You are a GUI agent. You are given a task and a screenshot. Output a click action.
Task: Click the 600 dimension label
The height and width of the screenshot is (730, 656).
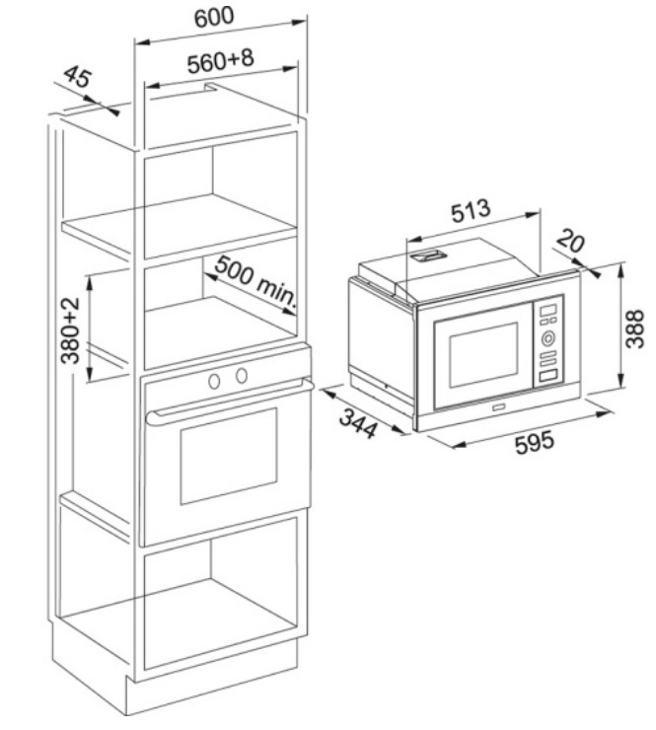coord(214,17)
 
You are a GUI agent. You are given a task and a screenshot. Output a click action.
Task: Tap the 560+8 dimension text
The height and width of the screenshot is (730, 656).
coord(221,60)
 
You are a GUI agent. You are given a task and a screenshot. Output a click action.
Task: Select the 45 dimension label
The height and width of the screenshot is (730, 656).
coord(78,77)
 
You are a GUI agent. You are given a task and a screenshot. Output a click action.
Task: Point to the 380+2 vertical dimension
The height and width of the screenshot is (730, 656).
coord(70,330)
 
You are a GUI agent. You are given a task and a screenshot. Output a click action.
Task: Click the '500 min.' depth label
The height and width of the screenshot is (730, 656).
coord(255,283)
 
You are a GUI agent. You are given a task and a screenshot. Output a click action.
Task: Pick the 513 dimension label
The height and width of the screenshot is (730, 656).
coord(471,212)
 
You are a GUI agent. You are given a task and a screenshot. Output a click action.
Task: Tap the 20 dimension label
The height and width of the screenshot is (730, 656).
coord(570,241)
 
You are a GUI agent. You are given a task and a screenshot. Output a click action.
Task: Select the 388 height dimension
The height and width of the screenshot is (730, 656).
coord(634,328)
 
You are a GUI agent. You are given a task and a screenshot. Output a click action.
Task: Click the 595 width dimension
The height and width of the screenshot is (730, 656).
coord(535,442)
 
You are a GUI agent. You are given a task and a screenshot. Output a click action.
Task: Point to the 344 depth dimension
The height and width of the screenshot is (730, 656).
coord(357,423)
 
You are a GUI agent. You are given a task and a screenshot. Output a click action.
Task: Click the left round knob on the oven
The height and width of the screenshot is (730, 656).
coord(214,382)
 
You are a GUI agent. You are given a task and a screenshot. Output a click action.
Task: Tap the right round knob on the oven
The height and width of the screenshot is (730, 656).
coord(241,375)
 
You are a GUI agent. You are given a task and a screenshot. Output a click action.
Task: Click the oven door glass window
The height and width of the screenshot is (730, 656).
coord(229,456)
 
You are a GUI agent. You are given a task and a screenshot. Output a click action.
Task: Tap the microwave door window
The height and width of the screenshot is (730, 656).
coord(483,355)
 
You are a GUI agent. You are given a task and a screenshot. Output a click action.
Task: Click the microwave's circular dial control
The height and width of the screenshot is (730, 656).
coord(548,338)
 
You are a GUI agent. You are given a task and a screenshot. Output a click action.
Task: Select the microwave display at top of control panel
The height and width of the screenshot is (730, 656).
coord(548,310)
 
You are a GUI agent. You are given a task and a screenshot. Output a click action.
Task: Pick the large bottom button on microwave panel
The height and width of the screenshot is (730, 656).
coord(548,376)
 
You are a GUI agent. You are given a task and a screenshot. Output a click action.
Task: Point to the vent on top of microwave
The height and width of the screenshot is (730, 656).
coord(428,255)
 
